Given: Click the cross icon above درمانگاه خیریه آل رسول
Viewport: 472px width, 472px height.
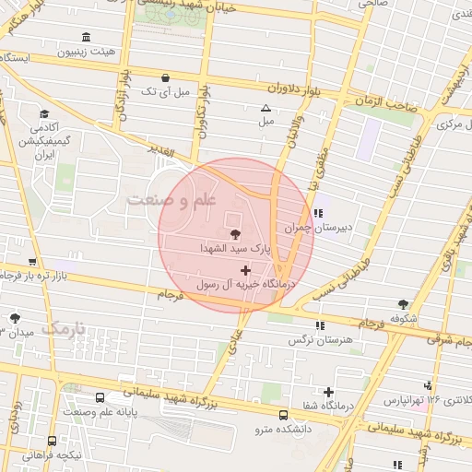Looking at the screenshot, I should click(x=244, y=270).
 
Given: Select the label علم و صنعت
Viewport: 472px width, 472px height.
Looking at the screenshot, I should click(x=171, y=200).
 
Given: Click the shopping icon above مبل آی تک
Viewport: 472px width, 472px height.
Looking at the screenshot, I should click(x=164, y=77).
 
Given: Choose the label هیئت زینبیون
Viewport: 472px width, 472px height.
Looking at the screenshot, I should click(x=110, y=53).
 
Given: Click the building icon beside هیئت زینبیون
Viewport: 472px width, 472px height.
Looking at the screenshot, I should click(x=87, y=37).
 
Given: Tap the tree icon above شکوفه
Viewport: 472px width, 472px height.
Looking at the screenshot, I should click(x=402, y=303).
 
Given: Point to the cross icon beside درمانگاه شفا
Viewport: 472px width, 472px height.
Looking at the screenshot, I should click(x=328, y=393).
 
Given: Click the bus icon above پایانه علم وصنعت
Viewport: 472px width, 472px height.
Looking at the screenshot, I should click(x=99, y=397).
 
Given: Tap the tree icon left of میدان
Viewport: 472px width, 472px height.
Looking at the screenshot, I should click(x=16, y=318).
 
